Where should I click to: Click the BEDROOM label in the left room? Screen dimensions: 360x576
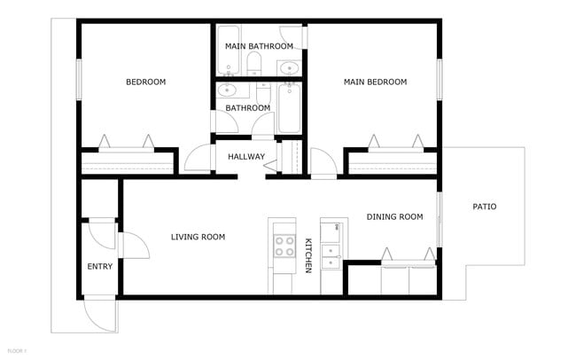[x=146, y=82]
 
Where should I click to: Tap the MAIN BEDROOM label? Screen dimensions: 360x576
[x=375, y=82]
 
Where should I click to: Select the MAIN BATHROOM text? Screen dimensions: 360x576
[x=259, y=46]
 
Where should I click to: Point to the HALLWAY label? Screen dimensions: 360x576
[x=245, y=157]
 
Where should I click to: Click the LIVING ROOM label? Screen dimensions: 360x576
[x=198, y=237]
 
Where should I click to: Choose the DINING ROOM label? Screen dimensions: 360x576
[x=394, y=216]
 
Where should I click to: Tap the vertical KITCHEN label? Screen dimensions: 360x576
[x=308, y=254]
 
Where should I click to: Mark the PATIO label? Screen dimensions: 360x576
[x=484, y=207]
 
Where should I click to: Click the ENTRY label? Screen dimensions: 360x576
[x=99, y=266]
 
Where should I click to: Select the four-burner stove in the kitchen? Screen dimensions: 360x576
[x=284, y=246]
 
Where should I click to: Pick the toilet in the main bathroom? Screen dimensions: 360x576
[x=254, y=62]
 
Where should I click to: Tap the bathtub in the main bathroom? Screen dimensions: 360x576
[x=226, y=50]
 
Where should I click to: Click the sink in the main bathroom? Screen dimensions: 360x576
[x=289, y=67]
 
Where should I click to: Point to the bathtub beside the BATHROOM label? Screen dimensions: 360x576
[x=290, y=108]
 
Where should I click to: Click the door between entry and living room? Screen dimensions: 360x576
[x=130, y=245]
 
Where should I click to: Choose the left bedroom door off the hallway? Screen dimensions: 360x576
[x=197, y=160]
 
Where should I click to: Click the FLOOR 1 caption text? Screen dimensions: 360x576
[x=15, y=352]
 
